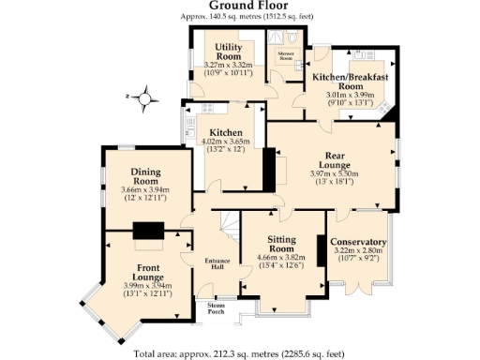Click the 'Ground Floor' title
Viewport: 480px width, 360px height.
click(240, 6)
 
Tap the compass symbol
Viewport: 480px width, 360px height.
click(144, 96)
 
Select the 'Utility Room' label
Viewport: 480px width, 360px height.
click(229, 51)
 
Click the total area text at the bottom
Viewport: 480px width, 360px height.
click(240, 353)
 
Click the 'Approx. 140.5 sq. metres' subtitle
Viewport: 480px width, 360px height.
click(240, 17)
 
